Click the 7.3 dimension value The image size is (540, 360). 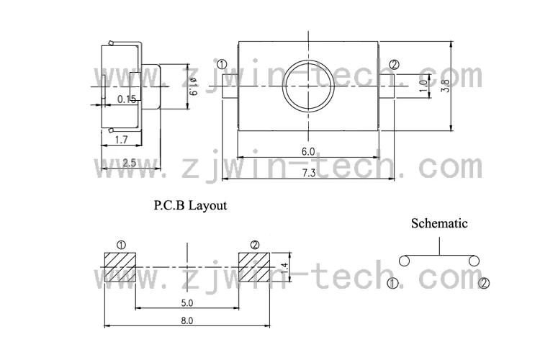308,173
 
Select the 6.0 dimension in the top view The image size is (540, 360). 308,151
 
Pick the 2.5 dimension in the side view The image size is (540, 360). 129,163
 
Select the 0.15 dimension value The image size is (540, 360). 127,99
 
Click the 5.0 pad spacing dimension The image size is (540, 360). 186,302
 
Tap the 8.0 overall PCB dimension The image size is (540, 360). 186,320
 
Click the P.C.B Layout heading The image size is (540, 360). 190,205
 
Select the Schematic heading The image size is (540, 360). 439,223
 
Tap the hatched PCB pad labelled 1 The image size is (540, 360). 120,267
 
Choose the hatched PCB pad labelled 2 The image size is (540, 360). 253,267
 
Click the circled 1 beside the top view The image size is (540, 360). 222,66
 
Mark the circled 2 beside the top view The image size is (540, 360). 393,66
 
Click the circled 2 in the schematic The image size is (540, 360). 484,282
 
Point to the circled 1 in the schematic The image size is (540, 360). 392,283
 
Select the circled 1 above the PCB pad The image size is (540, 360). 120,245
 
